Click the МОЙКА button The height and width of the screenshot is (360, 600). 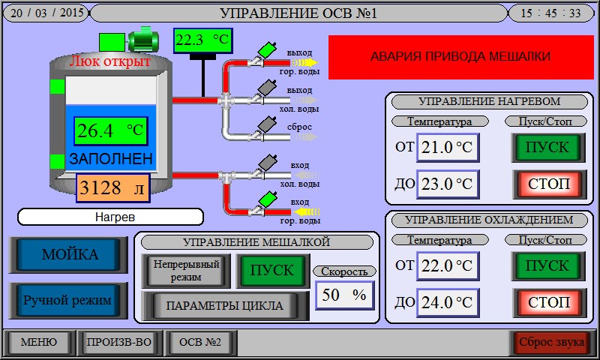(69, 254)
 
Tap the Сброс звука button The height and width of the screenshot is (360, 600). (552, 343)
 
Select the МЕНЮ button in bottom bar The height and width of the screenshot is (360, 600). (38, 343)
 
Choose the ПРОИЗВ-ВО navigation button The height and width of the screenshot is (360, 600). (119, 343)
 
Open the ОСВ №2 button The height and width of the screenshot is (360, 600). (200, 343)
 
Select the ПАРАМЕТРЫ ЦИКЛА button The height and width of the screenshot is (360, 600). (225, 305)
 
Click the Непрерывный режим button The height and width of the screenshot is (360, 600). (186, 270)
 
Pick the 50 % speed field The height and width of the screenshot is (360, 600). (344, 295)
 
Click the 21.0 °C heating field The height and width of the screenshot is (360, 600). (448, 147)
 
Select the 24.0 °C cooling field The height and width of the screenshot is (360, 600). (448, 302)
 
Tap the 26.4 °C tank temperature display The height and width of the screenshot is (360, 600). (110, 130)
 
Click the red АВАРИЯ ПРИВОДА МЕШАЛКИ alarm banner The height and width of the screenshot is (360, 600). (460, 56)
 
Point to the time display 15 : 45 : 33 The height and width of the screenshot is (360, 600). (550, 13)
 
